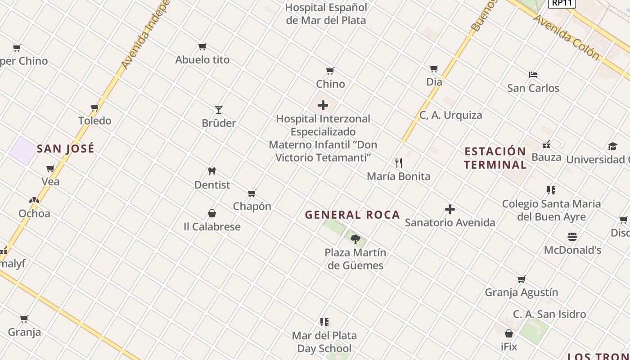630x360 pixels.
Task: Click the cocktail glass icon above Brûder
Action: click(x=219, y=109)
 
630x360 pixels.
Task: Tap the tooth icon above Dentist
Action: click(x=212, y=171)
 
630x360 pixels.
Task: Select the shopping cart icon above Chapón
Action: click(x=252, y=193)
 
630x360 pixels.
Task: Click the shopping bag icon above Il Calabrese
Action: click(x=212, y=213)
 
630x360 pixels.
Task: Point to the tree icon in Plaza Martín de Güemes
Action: click(x=355, y=239)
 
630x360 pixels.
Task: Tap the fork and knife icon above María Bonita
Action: click(x=399, y=163)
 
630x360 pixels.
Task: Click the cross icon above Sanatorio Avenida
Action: click(x=450, y=209)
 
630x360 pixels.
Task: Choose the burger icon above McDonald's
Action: click(x=572, y=237)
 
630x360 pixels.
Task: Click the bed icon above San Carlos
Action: click(x=533, y=75)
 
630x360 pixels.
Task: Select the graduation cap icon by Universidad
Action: click(x=612, y=146)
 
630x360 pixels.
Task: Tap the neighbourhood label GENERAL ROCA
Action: click(x=352, y=215)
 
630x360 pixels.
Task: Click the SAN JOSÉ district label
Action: click(x=66, y=148)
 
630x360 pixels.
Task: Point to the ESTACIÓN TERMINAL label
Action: click(x=495, y=158)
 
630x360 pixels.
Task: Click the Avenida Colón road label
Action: click(x=566, y=37)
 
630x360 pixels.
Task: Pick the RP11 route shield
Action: click(x=562, y=3)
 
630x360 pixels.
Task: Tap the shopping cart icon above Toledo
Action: click(x=95, y=108)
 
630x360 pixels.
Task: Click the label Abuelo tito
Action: click(x=202, y=60)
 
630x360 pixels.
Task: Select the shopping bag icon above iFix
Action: click(x=509, y=333)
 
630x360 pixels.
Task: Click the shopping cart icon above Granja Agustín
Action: click(x=522, y=279)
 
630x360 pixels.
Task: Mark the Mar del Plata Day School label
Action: click(x=324, y=342)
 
